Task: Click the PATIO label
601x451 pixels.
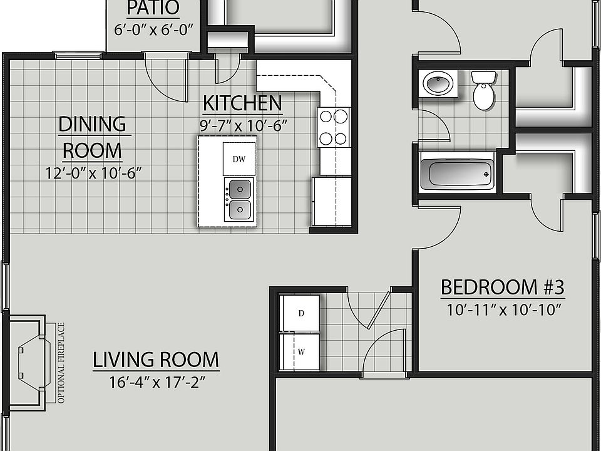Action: pos(153,9)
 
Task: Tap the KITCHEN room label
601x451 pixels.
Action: pos(242,103)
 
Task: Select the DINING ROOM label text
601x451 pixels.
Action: pos(92,137)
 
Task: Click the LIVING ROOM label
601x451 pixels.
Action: pos(156,360)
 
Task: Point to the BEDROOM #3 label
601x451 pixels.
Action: pos(503,288)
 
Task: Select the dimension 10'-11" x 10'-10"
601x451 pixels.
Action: pos(503,309)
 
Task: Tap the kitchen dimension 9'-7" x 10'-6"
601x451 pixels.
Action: pos(243,124)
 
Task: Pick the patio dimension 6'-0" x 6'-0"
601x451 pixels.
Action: pos(154,29)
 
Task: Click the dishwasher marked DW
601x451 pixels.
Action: pos(239,159)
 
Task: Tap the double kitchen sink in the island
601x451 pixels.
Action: pos(239,199)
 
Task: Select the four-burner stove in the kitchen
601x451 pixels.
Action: pos(334,127)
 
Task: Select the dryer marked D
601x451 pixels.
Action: pos(300,313)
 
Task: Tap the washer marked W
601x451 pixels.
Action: pos(300,351)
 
